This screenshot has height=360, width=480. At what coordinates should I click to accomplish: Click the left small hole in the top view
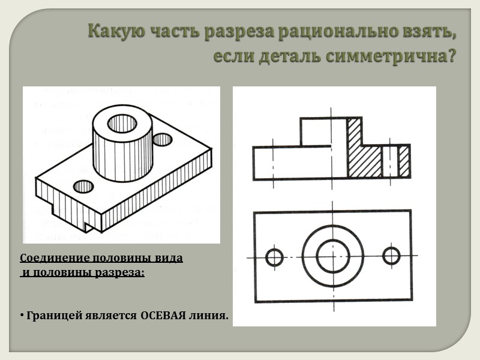pos(274,257)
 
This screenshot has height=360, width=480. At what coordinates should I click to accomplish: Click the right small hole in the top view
pos(391,256)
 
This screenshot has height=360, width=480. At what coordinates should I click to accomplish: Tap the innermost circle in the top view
pos(332,256)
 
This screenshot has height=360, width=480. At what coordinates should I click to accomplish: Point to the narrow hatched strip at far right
pos(404,161)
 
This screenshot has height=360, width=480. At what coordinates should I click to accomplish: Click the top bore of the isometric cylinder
pos(122,124)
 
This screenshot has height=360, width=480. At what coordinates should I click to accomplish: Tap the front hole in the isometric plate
pos(83,186)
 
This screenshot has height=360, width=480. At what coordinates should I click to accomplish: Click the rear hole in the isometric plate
pos(163,140)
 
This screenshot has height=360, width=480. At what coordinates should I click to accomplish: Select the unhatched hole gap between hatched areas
pos(390,161)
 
